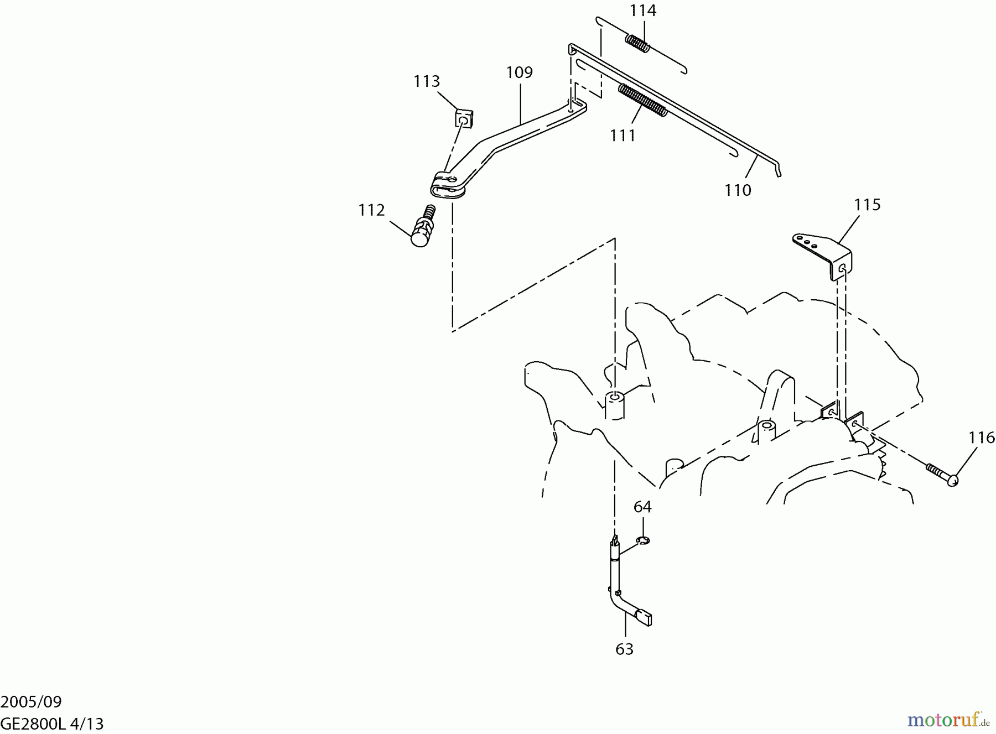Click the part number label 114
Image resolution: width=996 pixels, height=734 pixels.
(x=643, y=11)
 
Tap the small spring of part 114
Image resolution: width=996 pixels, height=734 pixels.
(x=638, y=43)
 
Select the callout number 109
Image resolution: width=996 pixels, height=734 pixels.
(x=519, y=72)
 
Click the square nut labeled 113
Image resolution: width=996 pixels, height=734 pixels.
(x=464, y=118)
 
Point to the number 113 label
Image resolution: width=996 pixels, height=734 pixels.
(x=427, y=81)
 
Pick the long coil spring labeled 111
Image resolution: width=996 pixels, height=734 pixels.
(x=642, y=100)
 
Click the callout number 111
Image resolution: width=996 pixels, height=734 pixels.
(x=622, y=135)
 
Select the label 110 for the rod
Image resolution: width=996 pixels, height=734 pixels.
(x=738, y=190)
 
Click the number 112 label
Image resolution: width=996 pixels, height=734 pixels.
(x=371, y=210)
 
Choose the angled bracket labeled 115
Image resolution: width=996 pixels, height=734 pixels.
(x=824, y=253)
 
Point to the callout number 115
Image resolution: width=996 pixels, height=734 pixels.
(x=867, y=205)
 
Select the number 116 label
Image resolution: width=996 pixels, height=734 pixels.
(x=982, y=438)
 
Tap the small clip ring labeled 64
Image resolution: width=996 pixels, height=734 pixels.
(x=643, y=541)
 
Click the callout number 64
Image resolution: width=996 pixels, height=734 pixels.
(x=642, y=507)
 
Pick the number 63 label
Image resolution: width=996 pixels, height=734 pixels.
(x=624, y=649)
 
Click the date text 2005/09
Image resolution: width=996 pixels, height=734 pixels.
(x=31, y=702)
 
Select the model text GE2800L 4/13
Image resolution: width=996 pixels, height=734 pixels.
(x=52, y=723)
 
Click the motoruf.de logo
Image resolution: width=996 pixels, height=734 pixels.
(x=948, y=720)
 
